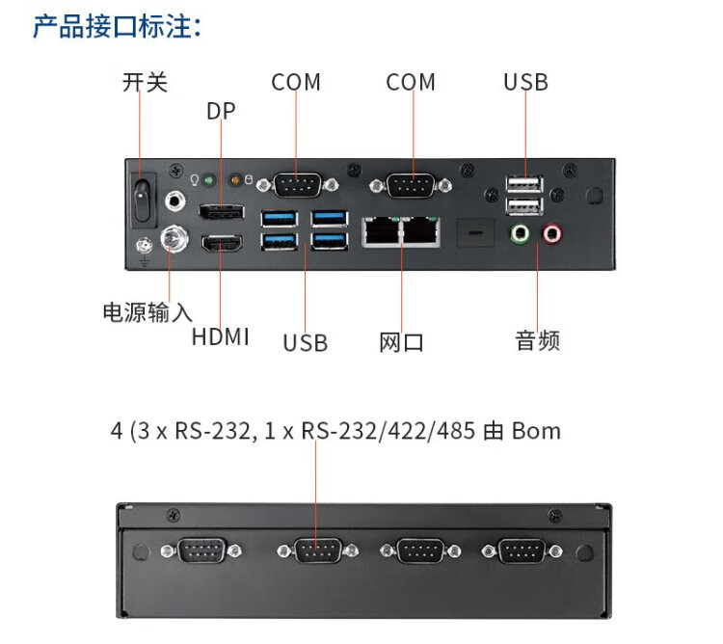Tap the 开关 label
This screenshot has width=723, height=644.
pyautogui.click(x=145, y=82)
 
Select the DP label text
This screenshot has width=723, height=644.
pyautogui.click(x=221, y=111)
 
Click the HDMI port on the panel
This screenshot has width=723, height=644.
pyautogui.click(x=222, y=244)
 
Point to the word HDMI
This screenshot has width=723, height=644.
pyautogui.click(x=220, y=336)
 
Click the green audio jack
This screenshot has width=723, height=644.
pyautogui.click(x=521, y=233)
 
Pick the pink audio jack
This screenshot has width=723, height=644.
pyautogui.click(x=552, y=233)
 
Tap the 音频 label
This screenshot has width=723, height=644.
pyautogui.click(x=537, y=340)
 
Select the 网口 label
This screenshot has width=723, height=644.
pyautogui.click(x=402, y=342)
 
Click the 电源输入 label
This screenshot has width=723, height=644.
pyautogui.click(x=147, y=312)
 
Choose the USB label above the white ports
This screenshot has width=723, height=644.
pyautogui.click(x=525, y=82)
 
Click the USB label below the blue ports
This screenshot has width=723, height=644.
pyautogui.click(x=306, y=342)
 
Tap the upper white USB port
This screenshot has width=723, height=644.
pyautogui.click(x=524, y=184)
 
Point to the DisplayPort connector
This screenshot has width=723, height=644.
pyautogui.click(x=221, y=212)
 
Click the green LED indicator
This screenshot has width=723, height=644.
pyautogui.click(x=207, y=179)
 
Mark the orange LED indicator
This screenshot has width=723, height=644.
pyautogui.click(x=232, y=179)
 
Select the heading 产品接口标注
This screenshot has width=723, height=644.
pyautogui.click(x=117, y=26)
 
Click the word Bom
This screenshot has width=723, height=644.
pyautogui.click(x=536, y=430)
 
